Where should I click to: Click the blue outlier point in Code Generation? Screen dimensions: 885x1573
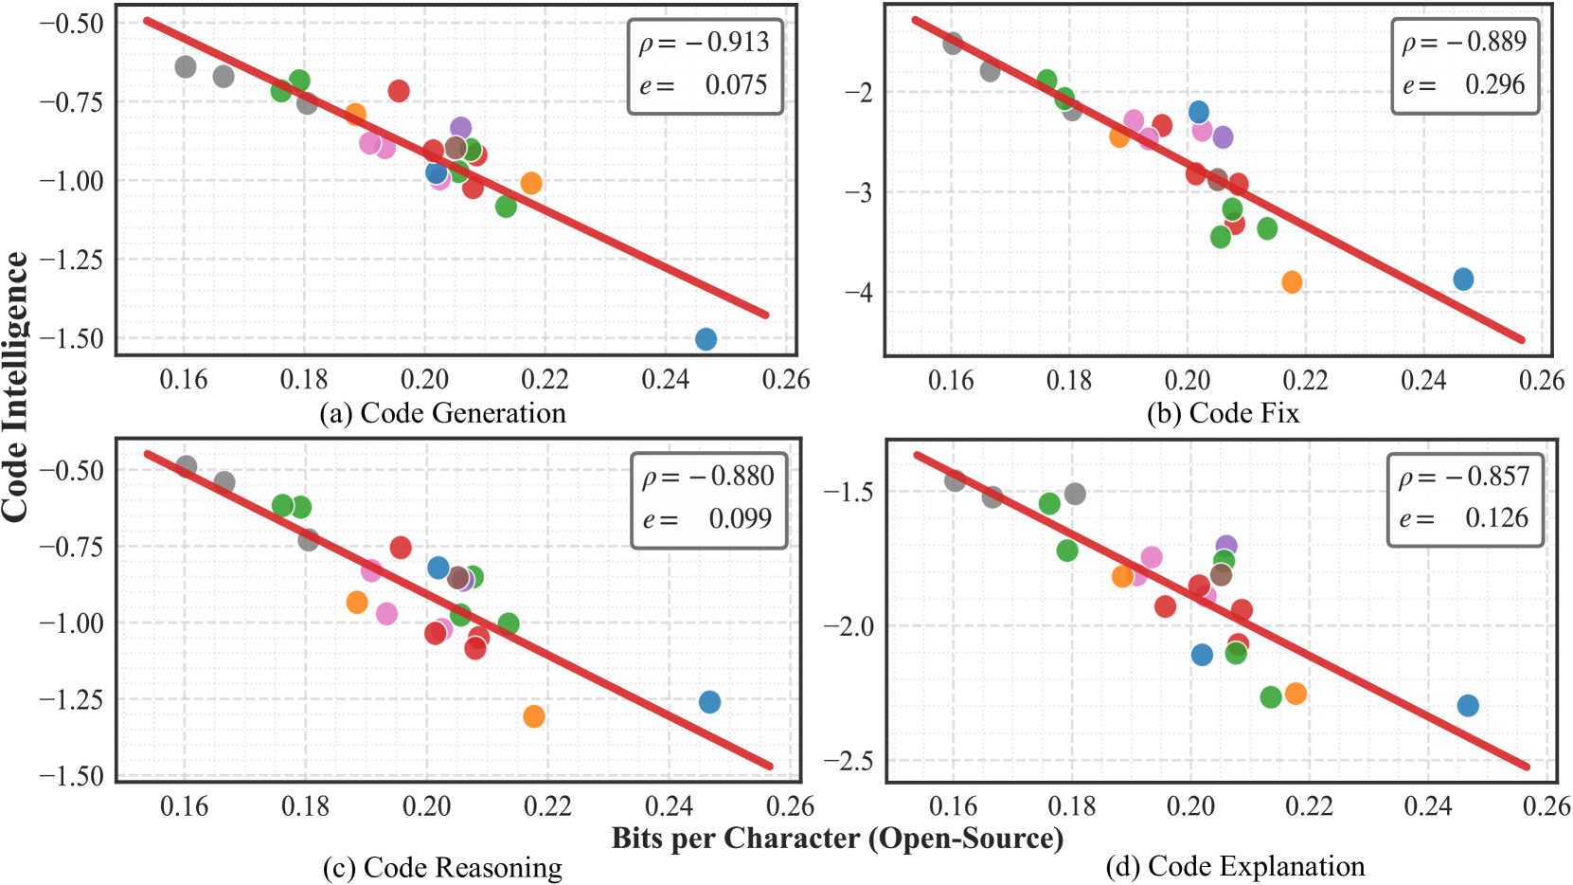pyautogui.click(x=706, y=339)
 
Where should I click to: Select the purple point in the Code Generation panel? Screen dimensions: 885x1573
pyautogui.click(x=460, y=128)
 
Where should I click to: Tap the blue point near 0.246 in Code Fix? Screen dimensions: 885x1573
pyautogui.click(x=1463, y=280)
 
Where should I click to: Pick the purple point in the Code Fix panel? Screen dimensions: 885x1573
pyautogui.click(x=1223, y=137)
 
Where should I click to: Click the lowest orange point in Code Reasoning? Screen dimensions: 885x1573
pyautogui.click(x=534, y=716)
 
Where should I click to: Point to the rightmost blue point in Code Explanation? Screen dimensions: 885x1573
pyautogui.click(x=1468, y=706)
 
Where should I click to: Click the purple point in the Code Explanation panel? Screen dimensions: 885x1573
pyautogui.click(x=1226, y=547)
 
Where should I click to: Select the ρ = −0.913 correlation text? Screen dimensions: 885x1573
pyautogui.click(x=705, y=43)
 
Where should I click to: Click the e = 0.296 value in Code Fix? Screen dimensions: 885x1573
pyautogui.click(x=1464, y=85)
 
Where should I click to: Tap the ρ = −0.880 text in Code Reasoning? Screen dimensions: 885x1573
pyautogui.click(x=708, y=477)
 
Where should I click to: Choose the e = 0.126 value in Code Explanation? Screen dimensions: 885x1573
pyautogui.click(x=1464, y=518)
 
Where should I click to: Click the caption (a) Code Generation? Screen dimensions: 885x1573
pyautogui.click(x=442, y=413)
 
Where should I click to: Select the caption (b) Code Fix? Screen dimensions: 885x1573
pyautogui.click(x=1223, y=413)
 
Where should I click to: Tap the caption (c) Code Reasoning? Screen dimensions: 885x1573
pyautogui.click(x=442, y=868)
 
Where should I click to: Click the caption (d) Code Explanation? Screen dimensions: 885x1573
pyautogui.click(x=1235, y=866)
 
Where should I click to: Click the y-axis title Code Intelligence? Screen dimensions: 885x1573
pyautogui.click(x=15, y=387)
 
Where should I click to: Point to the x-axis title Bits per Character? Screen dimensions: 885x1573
pyautogui.click(x=837, y=839)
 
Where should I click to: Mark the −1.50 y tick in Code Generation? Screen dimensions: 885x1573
pyautogui.click(x=72, y=339)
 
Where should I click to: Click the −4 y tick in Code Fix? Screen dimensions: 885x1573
pyautogui.click(x=858, y=293)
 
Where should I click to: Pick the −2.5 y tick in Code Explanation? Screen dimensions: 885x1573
pyautogui.click(x=848, y=761)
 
